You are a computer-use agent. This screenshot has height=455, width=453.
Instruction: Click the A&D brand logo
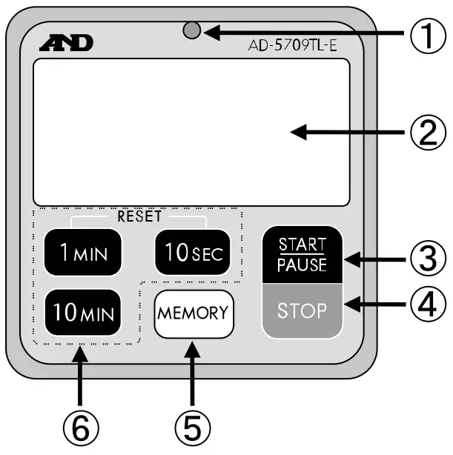click(x=67, y=44)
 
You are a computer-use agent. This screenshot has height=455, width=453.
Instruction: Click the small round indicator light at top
click(x=192, y=32)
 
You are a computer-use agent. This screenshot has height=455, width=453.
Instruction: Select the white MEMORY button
click(x=192, y=313)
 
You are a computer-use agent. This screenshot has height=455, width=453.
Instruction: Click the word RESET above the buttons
click(x=139, y=218)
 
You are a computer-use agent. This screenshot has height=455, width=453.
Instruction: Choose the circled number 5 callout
click(x=192, y=425)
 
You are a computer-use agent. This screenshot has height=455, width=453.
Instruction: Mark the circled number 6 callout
click(x=81, y=425)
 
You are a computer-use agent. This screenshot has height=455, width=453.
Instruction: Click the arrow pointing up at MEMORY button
click(x=192, y=373)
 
